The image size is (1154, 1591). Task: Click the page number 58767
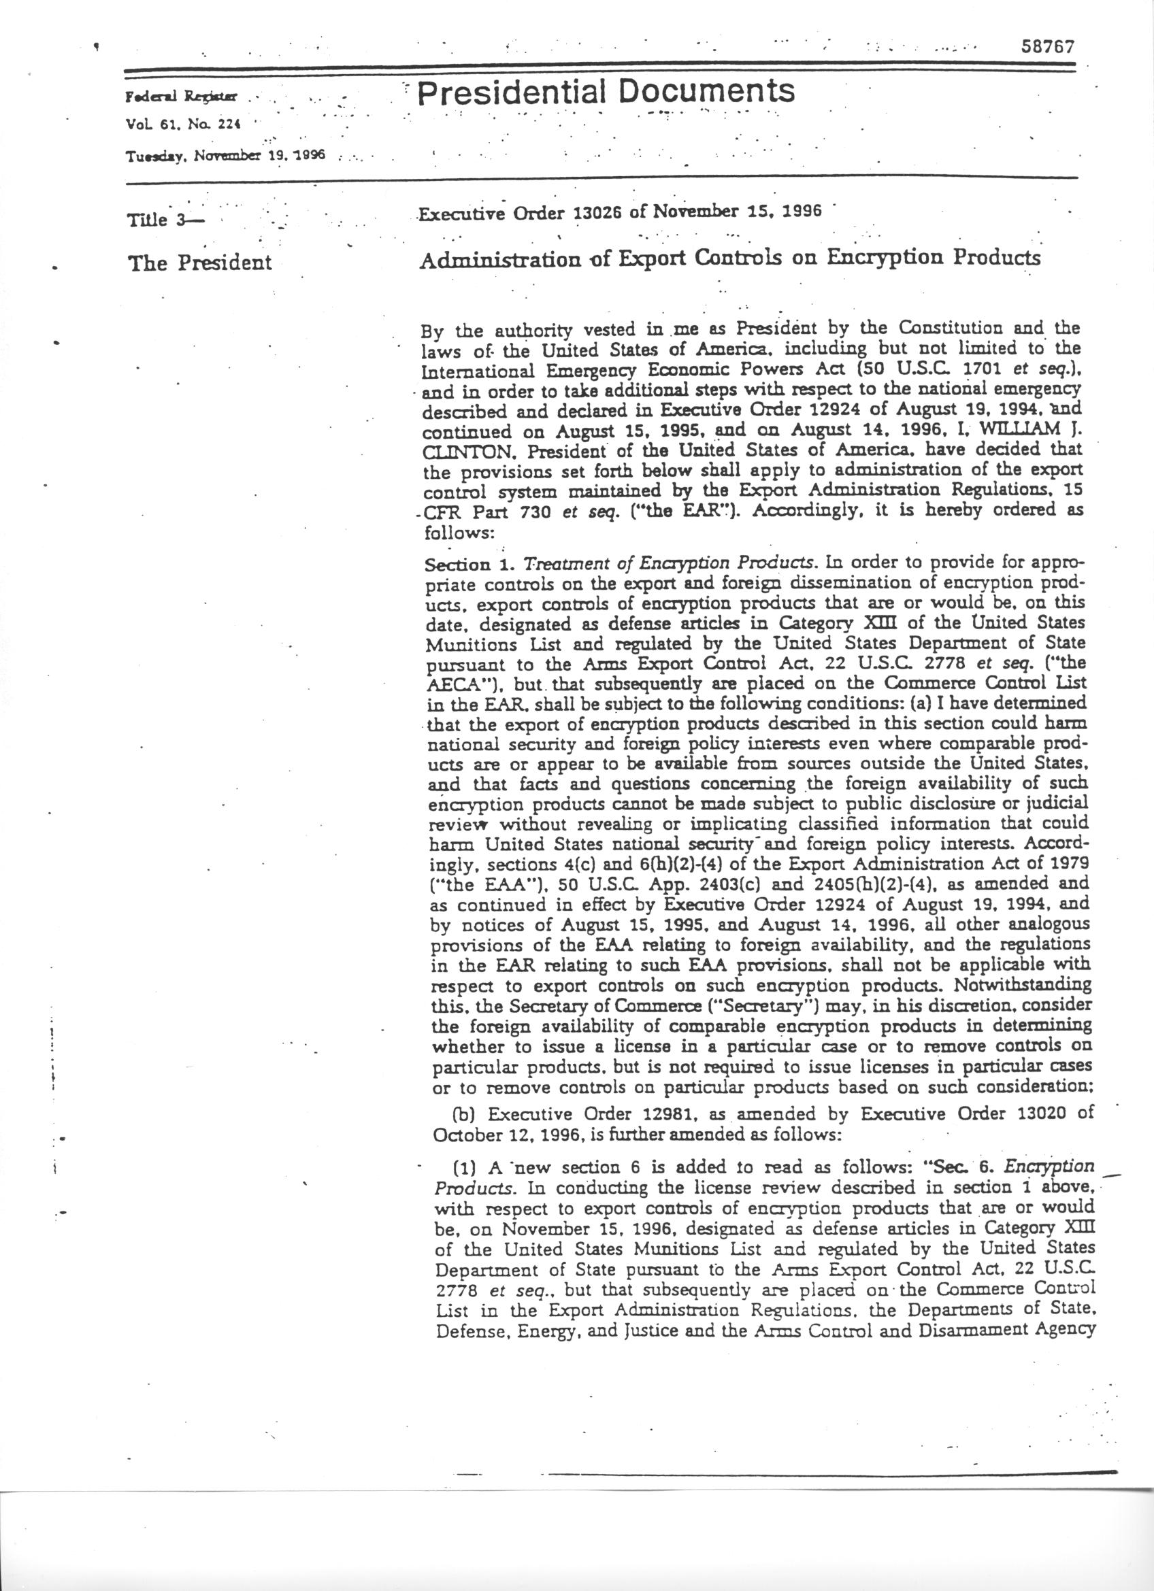tap(1047, 46)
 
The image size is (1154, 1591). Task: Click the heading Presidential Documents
tap(607, 91)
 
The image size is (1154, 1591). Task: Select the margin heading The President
tap(199, 263)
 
